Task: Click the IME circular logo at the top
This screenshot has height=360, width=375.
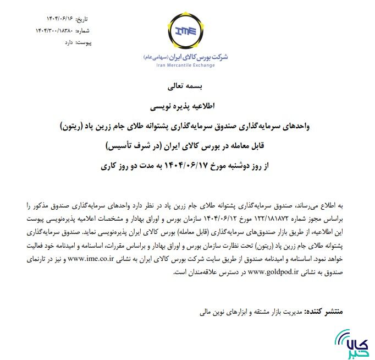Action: (x=185, y=32)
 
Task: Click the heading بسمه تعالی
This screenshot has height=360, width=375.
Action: (x=184, y=86)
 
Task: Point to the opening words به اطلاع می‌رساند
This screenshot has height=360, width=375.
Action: (x=323, y=205)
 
